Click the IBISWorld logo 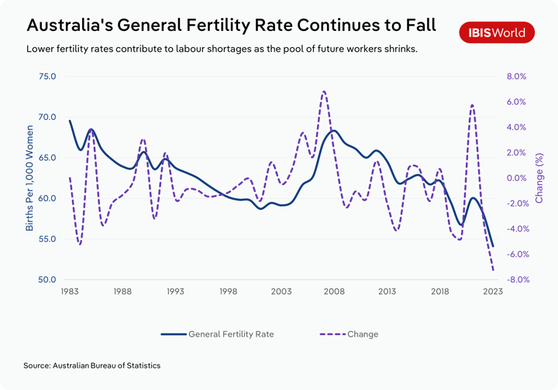tap(497, 32)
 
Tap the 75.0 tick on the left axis tap(47, 77)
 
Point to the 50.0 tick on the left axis tap(47, 279)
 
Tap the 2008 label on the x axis tap(334, 292)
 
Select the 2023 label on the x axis tap(493, 292)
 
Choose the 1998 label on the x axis tap(228, 292)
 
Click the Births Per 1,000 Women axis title tap(29, 178)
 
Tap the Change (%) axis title tap(540, 178)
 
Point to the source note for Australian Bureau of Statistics tap(92, 364)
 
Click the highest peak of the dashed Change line tap(323, 91)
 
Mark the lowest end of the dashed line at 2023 tap(493, 270)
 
